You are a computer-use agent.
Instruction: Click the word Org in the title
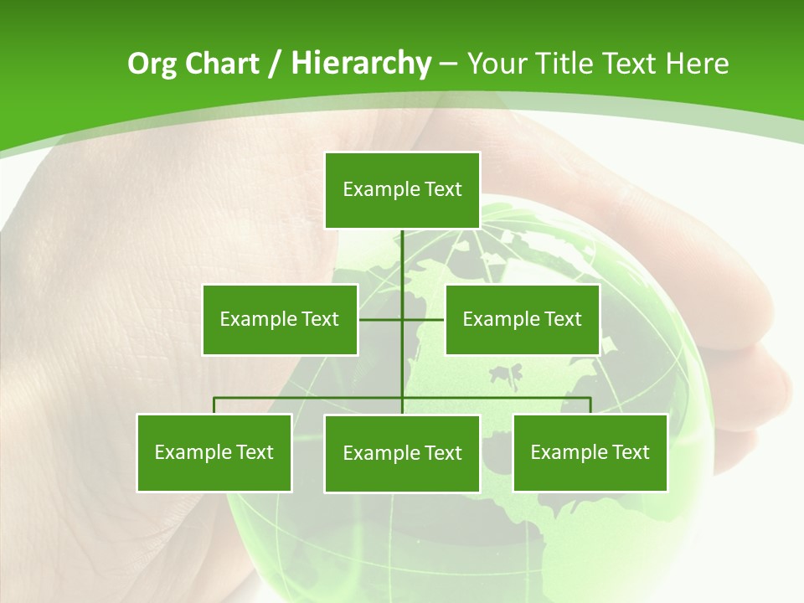tap(152, 64)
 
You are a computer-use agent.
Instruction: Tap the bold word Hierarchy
tap(360, 64)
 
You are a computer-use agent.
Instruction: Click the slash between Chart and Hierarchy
tap(275, 64)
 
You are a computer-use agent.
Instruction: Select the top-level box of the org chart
tap(402, 190)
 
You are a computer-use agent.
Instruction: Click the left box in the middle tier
tap(280, 319)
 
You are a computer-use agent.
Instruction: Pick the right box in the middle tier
tap(523, 319)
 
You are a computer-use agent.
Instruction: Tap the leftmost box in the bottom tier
tap(214, 452)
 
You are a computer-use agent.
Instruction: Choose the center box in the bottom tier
tap(402, 453)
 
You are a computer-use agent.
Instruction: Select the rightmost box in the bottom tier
tap(590, 452)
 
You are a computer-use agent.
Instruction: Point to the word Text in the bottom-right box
tap(631, 452)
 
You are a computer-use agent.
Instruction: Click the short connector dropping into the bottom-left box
tap(214, 405)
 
